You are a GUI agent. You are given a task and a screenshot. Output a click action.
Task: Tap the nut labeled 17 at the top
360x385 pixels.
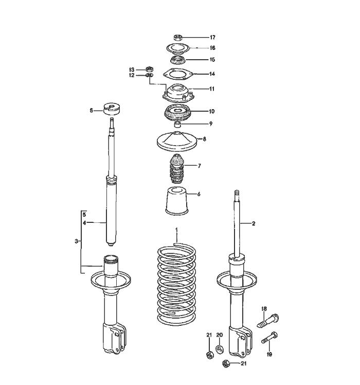[x=177, y=38]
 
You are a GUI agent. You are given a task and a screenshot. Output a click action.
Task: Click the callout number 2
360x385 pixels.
[x=253, y=224]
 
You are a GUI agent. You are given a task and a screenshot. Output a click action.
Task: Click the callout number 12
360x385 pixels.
[x=132, y=75]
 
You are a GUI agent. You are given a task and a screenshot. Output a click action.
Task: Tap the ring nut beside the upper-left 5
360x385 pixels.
[x=111, y=109]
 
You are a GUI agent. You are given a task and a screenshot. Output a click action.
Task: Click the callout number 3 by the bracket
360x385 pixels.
[x=76, y=241]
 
